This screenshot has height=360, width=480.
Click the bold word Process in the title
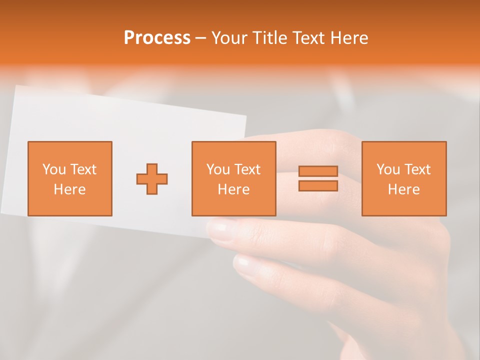point(157,38)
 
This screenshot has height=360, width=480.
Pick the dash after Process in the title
point(201,39)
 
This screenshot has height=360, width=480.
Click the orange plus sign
point(152,179)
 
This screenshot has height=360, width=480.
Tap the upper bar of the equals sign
point(318,171)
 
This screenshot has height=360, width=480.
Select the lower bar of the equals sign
point(318,185)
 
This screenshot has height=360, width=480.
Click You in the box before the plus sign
point(53,169)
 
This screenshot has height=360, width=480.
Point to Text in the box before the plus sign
point(82,169)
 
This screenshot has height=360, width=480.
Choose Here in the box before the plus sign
point(69,189)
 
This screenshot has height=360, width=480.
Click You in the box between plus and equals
point(218,169)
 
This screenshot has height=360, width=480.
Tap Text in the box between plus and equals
point(247,169)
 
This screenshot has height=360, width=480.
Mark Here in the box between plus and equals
point(233,189)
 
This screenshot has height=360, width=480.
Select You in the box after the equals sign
point(388,169)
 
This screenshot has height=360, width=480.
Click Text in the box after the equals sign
point(417,169)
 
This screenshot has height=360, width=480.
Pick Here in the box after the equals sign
point(403,189)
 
